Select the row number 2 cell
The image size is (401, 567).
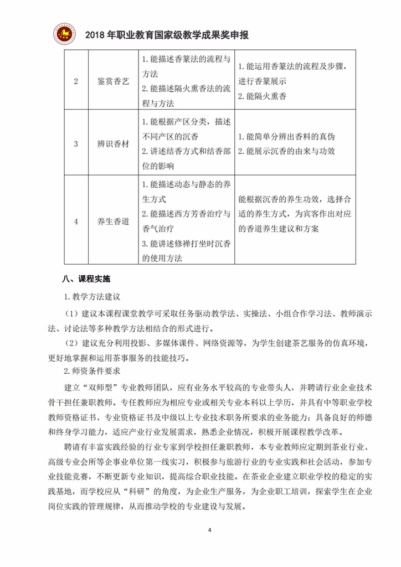coord(76,81)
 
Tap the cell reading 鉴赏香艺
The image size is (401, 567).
coord(109,81)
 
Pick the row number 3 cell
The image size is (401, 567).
coord(76,143)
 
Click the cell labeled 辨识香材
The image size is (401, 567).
coord(109,143)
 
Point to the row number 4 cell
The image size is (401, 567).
coord(76,221)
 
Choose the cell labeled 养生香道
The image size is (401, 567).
coord(109,221)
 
